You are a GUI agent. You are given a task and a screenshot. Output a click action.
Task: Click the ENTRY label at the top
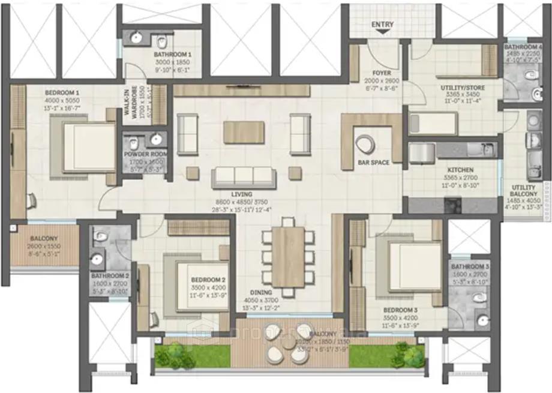383,25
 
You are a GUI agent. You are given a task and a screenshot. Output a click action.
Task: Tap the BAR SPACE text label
374,162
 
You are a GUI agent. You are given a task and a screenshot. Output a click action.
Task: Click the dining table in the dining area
288,257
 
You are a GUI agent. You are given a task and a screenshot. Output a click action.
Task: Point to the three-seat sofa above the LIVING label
244,176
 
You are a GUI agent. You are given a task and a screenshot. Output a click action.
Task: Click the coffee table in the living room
244,132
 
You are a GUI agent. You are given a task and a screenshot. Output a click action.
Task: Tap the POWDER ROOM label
146,154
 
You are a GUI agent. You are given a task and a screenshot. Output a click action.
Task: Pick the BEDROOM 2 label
208,280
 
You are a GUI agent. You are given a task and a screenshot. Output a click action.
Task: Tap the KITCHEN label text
460,170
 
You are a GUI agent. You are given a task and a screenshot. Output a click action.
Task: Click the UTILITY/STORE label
462,88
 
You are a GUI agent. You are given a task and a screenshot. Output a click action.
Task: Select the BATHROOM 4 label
523,46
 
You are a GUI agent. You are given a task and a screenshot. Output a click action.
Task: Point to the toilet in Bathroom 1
161,41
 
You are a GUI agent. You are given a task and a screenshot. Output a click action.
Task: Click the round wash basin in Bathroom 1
136,38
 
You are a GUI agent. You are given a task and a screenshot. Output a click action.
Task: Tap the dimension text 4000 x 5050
62,100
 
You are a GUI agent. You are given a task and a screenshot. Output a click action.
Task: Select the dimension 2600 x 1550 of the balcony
44,246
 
